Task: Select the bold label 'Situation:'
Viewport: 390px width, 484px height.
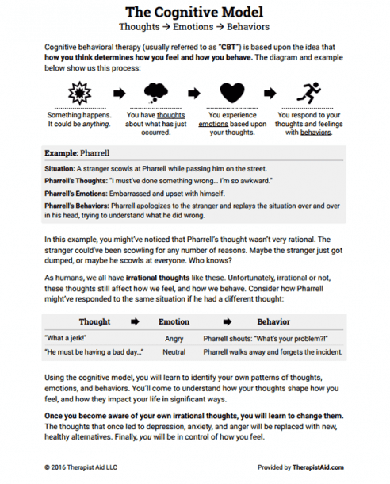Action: click(60, 168)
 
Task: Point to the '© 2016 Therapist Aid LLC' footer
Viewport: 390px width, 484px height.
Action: click(82, 468)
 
